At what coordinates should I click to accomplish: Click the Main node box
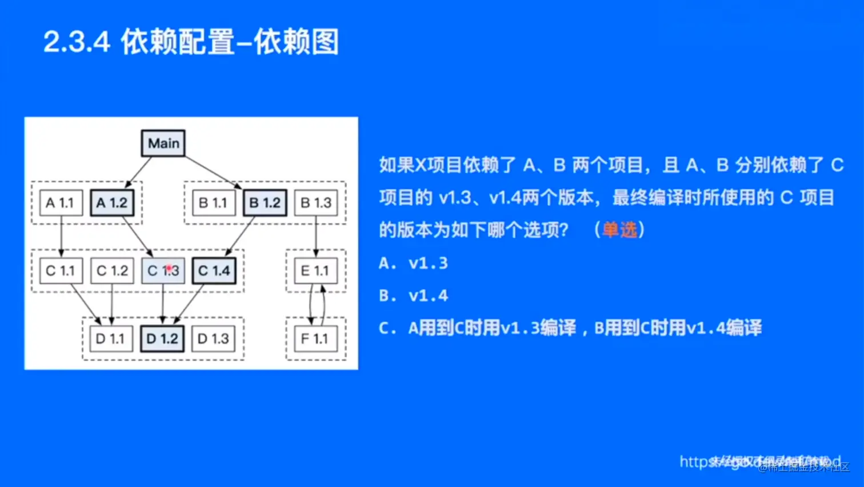click(x=163, y=143)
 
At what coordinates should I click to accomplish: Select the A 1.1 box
click(x=61, y=203)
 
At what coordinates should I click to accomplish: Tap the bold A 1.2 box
click(x=112, y=203)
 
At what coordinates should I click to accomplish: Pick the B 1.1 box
click(x=213, y=203)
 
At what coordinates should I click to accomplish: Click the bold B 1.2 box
click(x=265, y=203)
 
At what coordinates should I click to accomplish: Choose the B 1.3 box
click(x=316, y=203)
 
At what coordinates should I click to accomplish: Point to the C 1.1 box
click(x=61, y=271)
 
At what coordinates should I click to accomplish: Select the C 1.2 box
click(x=112, y=271)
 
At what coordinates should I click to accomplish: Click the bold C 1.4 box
click(x=214, y=271)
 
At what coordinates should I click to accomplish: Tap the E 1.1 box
click(x=315, y=271)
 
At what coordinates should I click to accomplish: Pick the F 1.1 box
click(x=315, y=339)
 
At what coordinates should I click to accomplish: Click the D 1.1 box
click(x=111, y=339)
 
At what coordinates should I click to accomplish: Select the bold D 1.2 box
click(x=162, y=339)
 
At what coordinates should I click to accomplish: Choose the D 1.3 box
click(x=213, y=339)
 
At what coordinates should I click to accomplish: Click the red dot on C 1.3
click(x=169, y=268)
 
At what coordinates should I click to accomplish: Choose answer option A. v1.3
click(x=413, y=264)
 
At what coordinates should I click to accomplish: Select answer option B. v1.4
click(x=413, y=296)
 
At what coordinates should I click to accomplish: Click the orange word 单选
click(x=619, y=230)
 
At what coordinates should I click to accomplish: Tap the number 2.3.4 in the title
click(x=77, y=42)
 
